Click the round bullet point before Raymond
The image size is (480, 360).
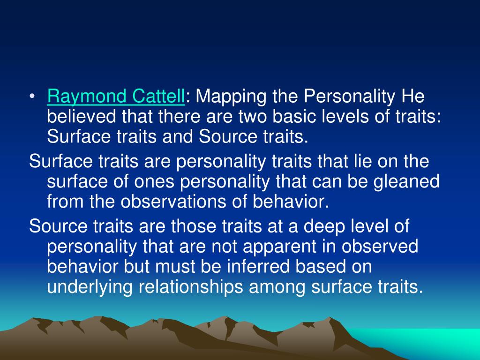[x=31, y=98]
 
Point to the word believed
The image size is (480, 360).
[x=82, y=117]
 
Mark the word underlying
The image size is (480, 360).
[x=90, y=287]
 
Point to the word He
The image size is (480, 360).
[x=412, y=97]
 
